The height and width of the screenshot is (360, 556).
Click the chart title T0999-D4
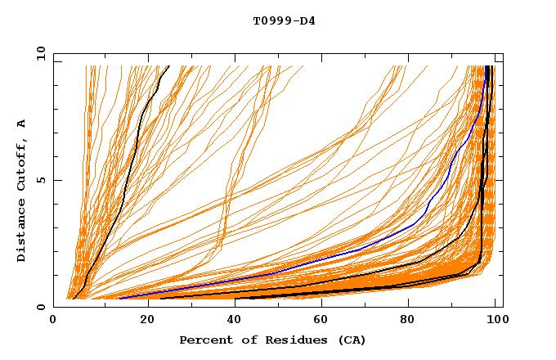pyautogui.click(x=284, y=20)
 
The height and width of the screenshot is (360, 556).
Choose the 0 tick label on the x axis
pyautogui.click(x=53, y=322)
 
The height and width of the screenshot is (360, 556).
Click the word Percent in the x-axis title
pyautogui.click(x=204, y=340)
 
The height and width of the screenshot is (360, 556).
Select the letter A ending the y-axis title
pyautogui.click(x=22, y=124)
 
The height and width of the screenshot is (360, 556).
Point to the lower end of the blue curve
pyautogui.click(x=120, y=298)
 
